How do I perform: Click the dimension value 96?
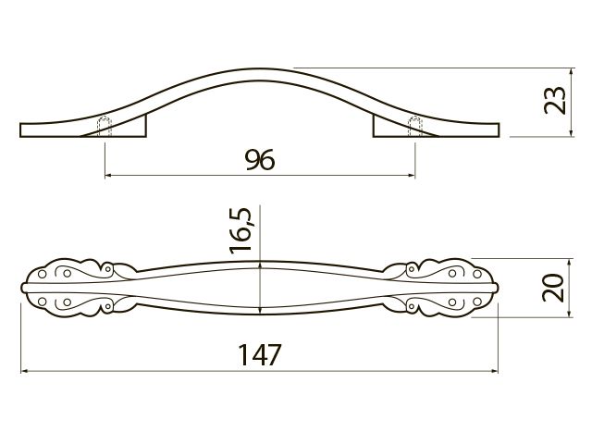point(260,160)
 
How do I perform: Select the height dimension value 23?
point(555,101)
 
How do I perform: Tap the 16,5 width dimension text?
point(240,230)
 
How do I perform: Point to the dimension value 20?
point(553,288)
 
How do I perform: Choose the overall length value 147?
point(260,354)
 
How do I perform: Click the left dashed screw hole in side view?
point(105,126)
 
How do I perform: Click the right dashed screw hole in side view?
point(415,126)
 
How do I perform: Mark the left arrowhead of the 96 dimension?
point(107,175)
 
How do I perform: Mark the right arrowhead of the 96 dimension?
point(412,175)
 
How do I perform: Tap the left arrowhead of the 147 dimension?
point(24,371)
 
